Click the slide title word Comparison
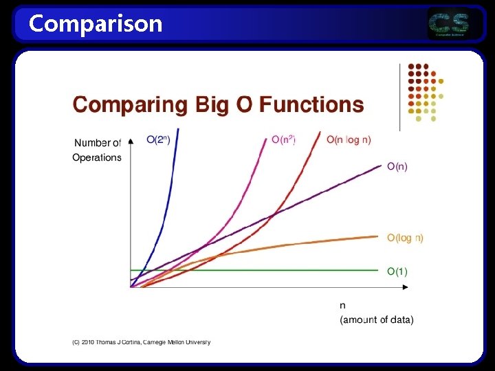[96, 23]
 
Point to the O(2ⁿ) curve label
[159, 139]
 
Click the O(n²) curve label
[283, 139]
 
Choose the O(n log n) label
[349, 139]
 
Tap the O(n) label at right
[397, 166]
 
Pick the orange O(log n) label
[405, 238]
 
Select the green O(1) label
[397, 271]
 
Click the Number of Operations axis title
[97, 150]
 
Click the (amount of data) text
[377, 320]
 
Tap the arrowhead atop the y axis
[131, 142]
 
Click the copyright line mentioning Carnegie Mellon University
[142, 342]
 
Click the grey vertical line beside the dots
[400, 96]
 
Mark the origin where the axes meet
[131, 286]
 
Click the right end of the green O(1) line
[378, 271]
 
